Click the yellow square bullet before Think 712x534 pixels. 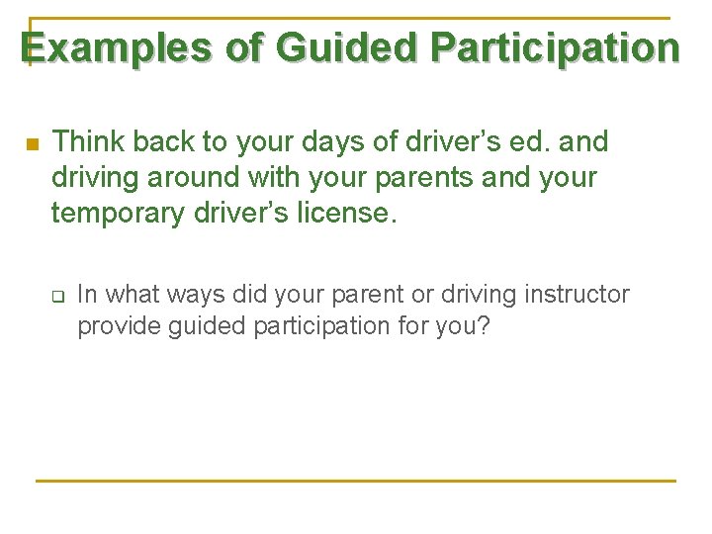31,144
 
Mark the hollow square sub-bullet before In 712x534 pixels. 56,295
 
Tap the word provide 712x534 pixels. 113,326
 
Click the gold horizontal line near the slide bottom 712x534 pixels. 356,481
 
